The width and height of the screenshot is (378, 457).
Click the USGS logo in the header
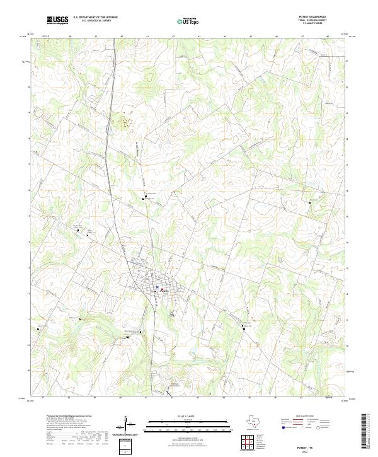click(58, 20)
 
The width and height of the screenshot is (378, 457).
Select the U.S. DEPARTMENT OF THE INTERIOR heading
click(95, 18)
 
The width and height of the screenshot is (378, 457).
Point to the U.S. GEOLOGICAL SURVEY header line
click(95, 21)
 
